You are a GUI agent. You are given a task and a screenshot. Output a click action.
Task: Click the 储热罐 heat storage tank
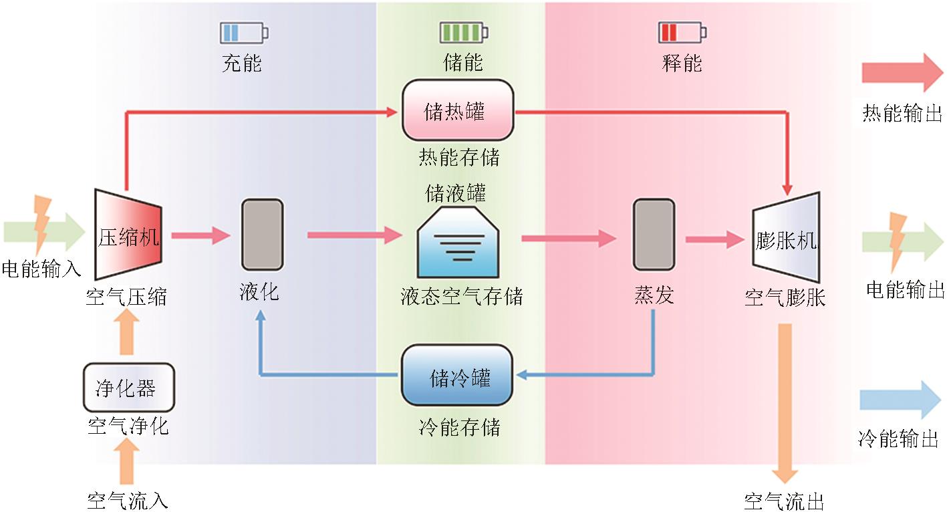pos(458,110)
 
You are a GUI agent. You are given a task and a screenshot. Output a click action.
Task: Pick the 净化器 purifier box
pos(128,388)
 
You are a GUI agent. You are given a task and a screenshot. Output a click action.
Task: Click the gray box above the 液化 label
pos(262,235)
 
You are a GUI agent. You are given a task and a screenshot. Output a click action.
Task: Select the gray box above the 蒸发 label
pos(654,235)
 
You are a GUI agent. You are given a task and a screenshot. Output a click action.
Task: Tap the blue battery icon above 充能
pos(243,32)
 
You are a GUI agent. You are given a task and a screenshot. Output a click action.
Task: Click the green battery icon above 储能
pos(462,32)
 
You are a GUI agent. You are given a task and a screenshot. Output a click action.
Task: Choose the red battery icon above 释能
pos(682,32)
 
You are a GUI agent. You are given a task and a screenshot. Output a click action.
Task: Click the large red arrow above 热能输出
pos(902,73)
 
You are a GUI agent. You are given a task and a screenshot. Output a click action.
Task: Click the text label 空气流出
pos(783,501)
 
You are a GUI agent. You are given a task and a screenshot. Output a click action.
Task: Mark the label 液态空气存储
pos(462,296)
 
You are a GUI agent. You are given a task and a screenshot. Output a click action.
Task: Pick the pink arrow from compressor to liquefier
pos(200,235)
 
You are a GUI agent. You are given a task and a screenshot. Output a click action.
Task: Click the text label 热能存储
pos(459,158)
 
